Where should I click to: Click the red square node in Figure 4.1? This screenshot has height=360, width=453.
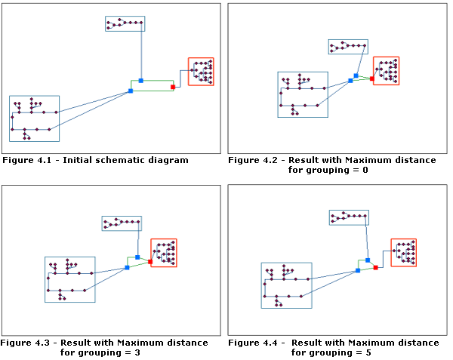(173, 87)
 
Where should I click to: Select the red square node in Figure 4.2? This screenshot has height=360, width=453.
(372, 78)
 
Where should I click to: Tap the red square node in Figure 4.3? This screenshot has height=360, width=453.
(150, 262)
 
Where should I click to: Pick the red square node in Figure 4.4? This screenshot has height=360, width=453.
(375, 267)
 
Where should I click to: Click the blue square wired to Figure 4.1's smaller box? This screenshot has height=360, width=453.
(140, 80)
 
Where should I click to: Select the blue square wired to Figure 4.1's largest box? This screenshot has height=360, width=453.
(130, 91)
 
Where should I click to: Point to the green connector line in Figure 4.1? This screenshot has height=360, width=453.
(157, 81)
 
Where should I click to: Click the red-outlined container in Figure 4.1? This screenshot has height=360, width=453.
(201, 72)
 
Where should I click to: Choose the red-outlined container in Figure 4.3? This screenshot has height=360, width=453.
(164, 253)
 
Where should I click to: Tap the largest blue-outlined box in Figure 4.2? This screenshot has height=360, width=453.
(303, 94)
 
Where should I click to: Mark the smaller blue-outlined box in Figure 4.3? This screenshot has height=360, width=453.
(122, 223)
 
